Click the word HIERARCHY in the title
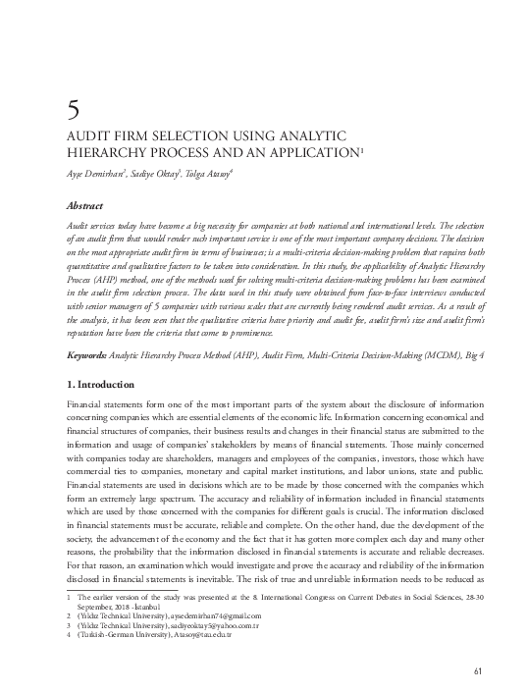[106, 152]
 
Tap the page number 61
[479, 669]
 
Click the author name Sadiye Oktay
[160, 173]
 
